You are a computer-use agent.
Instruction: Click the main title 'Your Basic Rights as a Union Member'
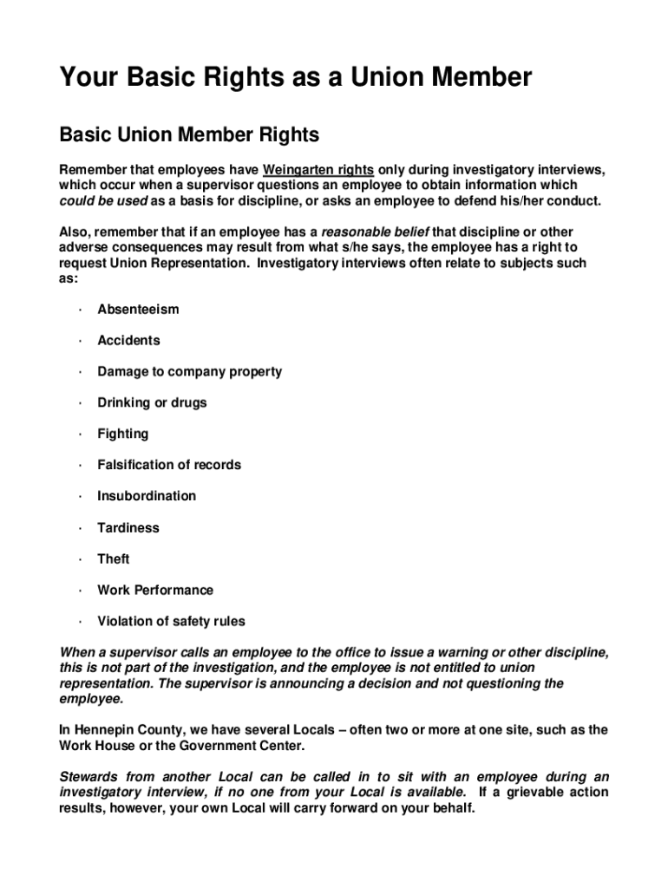click(x=295, y=79)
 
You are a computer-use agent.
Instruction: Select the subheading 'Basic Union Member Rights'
click(x=189, y=135)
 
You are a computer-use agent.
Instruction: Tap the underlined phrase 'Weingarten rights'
click(x=318, y=170)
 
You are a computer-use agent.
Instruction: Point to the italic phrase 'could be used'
click(x=103, y=201)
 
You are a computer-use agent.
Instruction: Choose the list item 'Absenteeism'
click(x=138, y=309)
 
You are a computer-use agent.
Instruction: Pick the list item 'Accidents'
click(x=128, y=340)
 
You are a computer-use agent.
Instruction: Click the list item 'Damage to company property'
click(x=189, y=371)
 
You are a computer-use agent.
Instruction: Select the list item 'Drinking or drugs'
click(x=152, y=402)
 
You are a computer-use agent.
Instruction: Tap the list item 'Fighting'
click(x=122, y=434)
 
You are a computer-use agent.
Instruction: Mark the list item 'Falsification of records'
click(x=169, y=465)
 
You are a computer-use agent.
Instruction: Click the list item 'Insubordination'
click(x=147, y=496)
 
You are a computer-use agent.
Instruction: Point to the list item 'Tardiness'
click(x=128, y=527)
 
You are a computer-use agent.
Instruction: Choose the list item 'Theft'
click(x=113, y=558)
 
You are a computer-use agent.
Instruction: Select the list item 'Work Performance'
click(x=154, y=590)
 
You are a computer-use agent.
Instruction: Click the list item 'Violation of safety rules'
click(x=171, y=621)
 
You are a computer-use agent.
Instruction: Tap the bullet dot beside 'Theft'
click(x=79, y=558)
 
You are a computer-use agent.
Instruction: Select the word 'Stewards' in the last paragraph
click(x=88, y=777)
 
